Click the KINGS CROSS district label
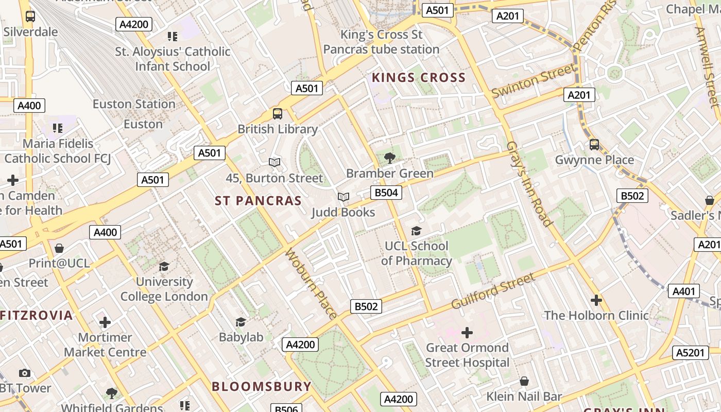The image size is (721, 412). pyautogui.click(x=418, y=78)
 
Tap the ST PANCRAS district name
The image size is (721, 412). pyautogui.click(x=258, y=201)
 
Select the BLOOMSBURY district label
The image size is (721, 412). pyautogui.click(x=262, y=386)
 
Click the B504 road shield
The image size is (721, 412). pyautogui.click(x=386, y=193)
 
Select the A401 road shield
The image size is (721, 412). pyautogui.click(x=684, y=291)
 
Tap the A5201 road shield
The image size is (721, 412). pyautogui.click(x=690, y=353)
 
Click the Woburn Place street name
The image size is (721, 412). pyautogui.click(x=311, y=284)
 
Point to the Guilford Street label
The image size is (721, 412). pyautogui.click(x=493, y=291)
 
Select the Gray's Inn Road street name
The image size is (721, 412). pyautogui.click(x=529, y=183)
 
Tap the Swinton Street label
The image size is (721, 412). pyautogui.click(x=533, y=81)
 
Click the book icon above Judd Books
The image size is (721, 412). pyautogui.click(x=344, y=197)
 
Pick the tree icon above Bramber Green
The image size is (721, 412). pyautogui.click(x=390, y=158)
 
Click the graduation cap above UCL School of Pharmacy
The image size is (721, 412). pyautogui.click(x=416, y=231)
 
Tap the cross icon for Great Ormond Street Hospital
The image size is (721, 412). pyautogui.click(x=467, y=333)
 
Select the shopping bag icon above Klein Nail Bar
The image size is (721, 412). pyautogui.click(x=524, y=381)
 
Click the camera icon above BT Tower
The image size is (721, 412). pyautogui.click(x=24, y=373)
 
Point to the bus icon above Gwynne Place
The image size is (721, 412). pyautogui.click(x=594, y=145)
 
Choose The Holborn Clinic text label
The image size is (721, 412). pyautogui.click(x=596, y=315)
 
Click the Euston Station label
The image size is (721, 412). pyautogui.click(x=134, y=104)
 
